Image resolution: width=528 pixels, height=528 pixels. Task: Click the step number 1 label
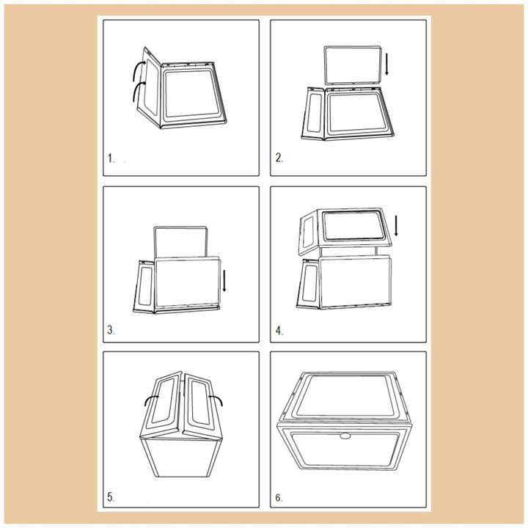click(x=111, y=158)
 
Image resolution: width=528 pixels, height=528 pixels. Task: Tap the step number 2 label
click(x=279, y=158)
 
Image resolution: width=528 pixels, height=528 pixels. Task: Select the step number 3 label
click(x=111, y=330)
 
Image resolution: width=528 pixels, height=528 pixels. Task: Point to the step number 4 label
click(x=279, y=331)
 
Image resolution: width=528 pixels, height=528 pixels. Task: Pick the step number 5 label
click(x=111, y=497)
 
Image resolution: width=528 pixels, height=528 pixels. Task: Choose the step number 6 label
click(x=279, y=498)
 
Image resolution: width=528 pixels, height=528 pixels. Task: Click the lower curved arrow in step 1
click(x=136, y=88)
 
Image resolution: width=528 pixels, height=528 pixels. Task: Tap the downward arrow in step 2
click(x=387, y=64)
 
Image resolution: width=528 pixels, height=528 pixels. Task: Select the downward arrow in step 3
click(x=224, y=280)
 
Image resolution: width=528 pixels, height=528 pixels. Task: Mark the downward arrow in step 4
click(x=396, y=226)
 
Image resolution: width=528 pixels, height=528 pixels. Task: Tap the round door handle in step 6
click(x=345, y=436)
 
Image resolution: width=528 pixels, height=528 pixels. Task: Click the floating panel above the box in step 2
click(x=353, y=65)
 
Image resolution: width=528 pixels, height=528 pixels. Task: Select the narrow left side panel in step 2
click(x=314, y=113)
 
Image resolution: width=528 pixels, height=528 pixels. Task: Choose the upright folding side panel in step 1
click(x=147, y=87)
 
